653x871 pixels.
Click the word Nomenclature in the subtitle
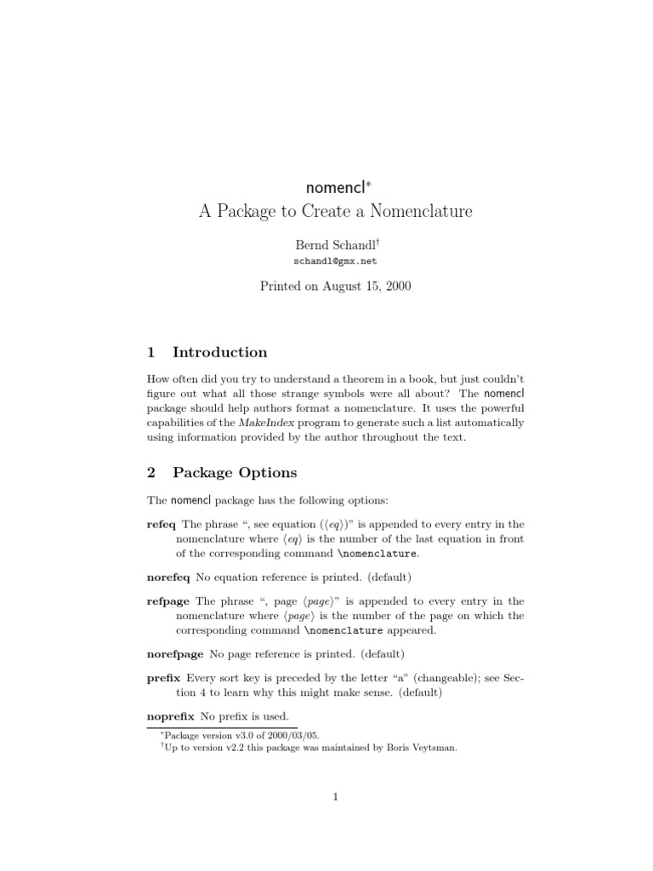[x=413, y=211]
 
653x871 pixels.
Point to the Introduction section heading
[x=219, y=352]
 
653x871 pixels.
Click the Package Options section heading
[x=235, y=472]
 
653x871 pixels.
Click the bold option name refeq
[x=162, y=524]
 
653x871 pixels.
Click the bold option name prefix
[x=163, y=678]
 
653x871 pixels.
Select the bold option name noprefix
[x=171, y=716]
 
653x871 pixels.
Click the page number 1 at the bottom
[x=336, y=797]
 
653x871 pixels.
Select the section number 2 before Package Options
[x=151, y=472]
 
